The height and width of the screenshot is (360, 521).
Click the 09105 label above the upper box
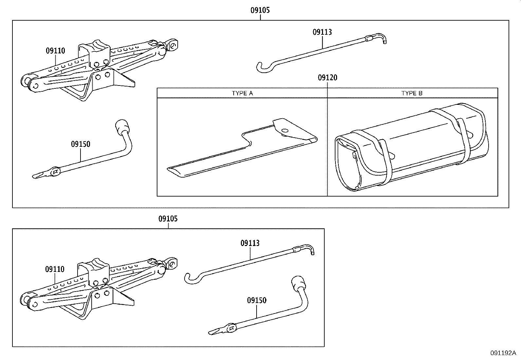coord(260,10)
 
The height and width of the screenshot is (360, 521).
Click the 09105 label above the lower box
coord(168,218)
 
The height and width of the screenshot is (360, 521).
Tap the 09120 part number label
coord(327,78)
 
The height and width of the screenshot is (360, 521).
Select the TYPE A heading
coord(242,93)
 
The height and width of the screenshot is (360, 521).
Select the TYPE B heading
coord(412,93)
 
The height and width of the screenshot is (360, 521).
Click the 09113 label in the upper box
coord(322,32)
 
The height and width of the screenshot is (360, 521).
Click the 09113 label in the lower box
coord(250,243)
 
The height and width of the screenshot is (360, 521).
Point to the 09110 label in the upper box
coord(55,51)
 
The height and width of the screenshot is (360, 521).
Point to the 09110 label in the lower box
coord(55,269)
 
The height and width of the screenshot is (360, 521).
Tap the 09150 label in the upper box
coord(81,144)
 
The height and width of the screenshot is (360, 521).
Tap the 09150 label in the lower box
coord(257,300)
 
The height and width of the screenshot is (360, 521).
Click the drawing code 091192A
coord(503,353)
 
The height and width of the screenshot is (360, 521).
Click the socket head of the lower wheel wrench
coord(297,282)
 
